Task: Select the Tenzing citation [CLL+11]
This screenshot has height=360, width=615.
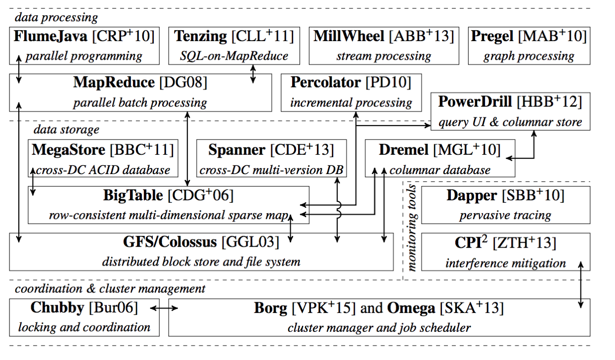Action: pos(262,36)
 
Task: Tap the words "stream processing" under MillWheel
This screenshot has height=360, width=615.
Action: pos(383,56)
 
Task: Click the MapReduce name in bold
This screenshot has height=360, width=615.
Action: pos(113,82)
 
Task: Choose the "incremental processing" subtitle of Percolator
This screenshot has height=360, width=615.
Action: pos(351,102)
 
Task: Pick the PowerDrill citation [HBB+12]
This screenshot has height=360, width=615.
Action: pos(549,102)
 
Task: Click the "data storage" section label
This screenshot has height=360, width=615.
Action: pos(66,130)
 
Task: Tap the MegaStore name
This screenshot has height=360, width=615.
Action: pos(68,149)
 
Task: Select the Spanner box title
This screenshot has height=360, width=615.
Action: pos(236,149)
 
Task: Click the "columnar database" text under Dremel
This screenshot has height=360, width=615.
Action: pos(440,170)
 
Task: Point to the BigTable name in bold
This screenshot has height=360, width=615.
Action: pos(132,195)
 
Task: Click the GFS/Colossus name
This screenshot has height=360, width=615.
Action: pos(170,242)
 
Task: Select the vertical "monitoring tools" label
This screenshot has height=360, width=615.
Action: pos(412,227)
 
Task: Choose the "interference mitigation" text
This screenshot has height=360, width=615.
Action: pos(505,262)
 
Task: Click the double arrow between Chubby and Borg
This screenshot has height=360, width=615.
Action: pos(164,309)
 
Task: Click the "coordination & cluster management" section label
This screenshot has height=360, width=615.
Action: pos(110,288)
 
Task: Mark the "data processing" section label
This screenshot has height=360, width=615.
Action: pos(56,17)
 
